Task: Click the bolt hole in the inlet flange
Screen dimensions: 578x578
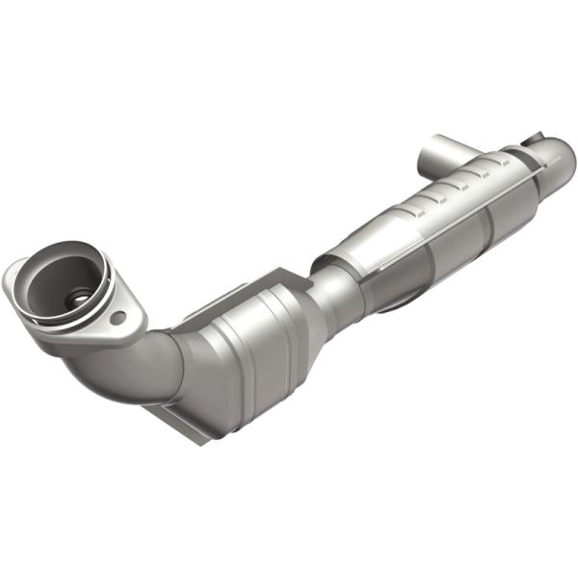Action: [x=118, y=316]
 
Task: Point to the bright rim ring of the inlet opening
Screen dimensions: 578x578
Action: [x=58, y=252]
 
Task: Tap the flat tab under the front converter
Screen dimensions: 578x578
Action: [x=173, y=422]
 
